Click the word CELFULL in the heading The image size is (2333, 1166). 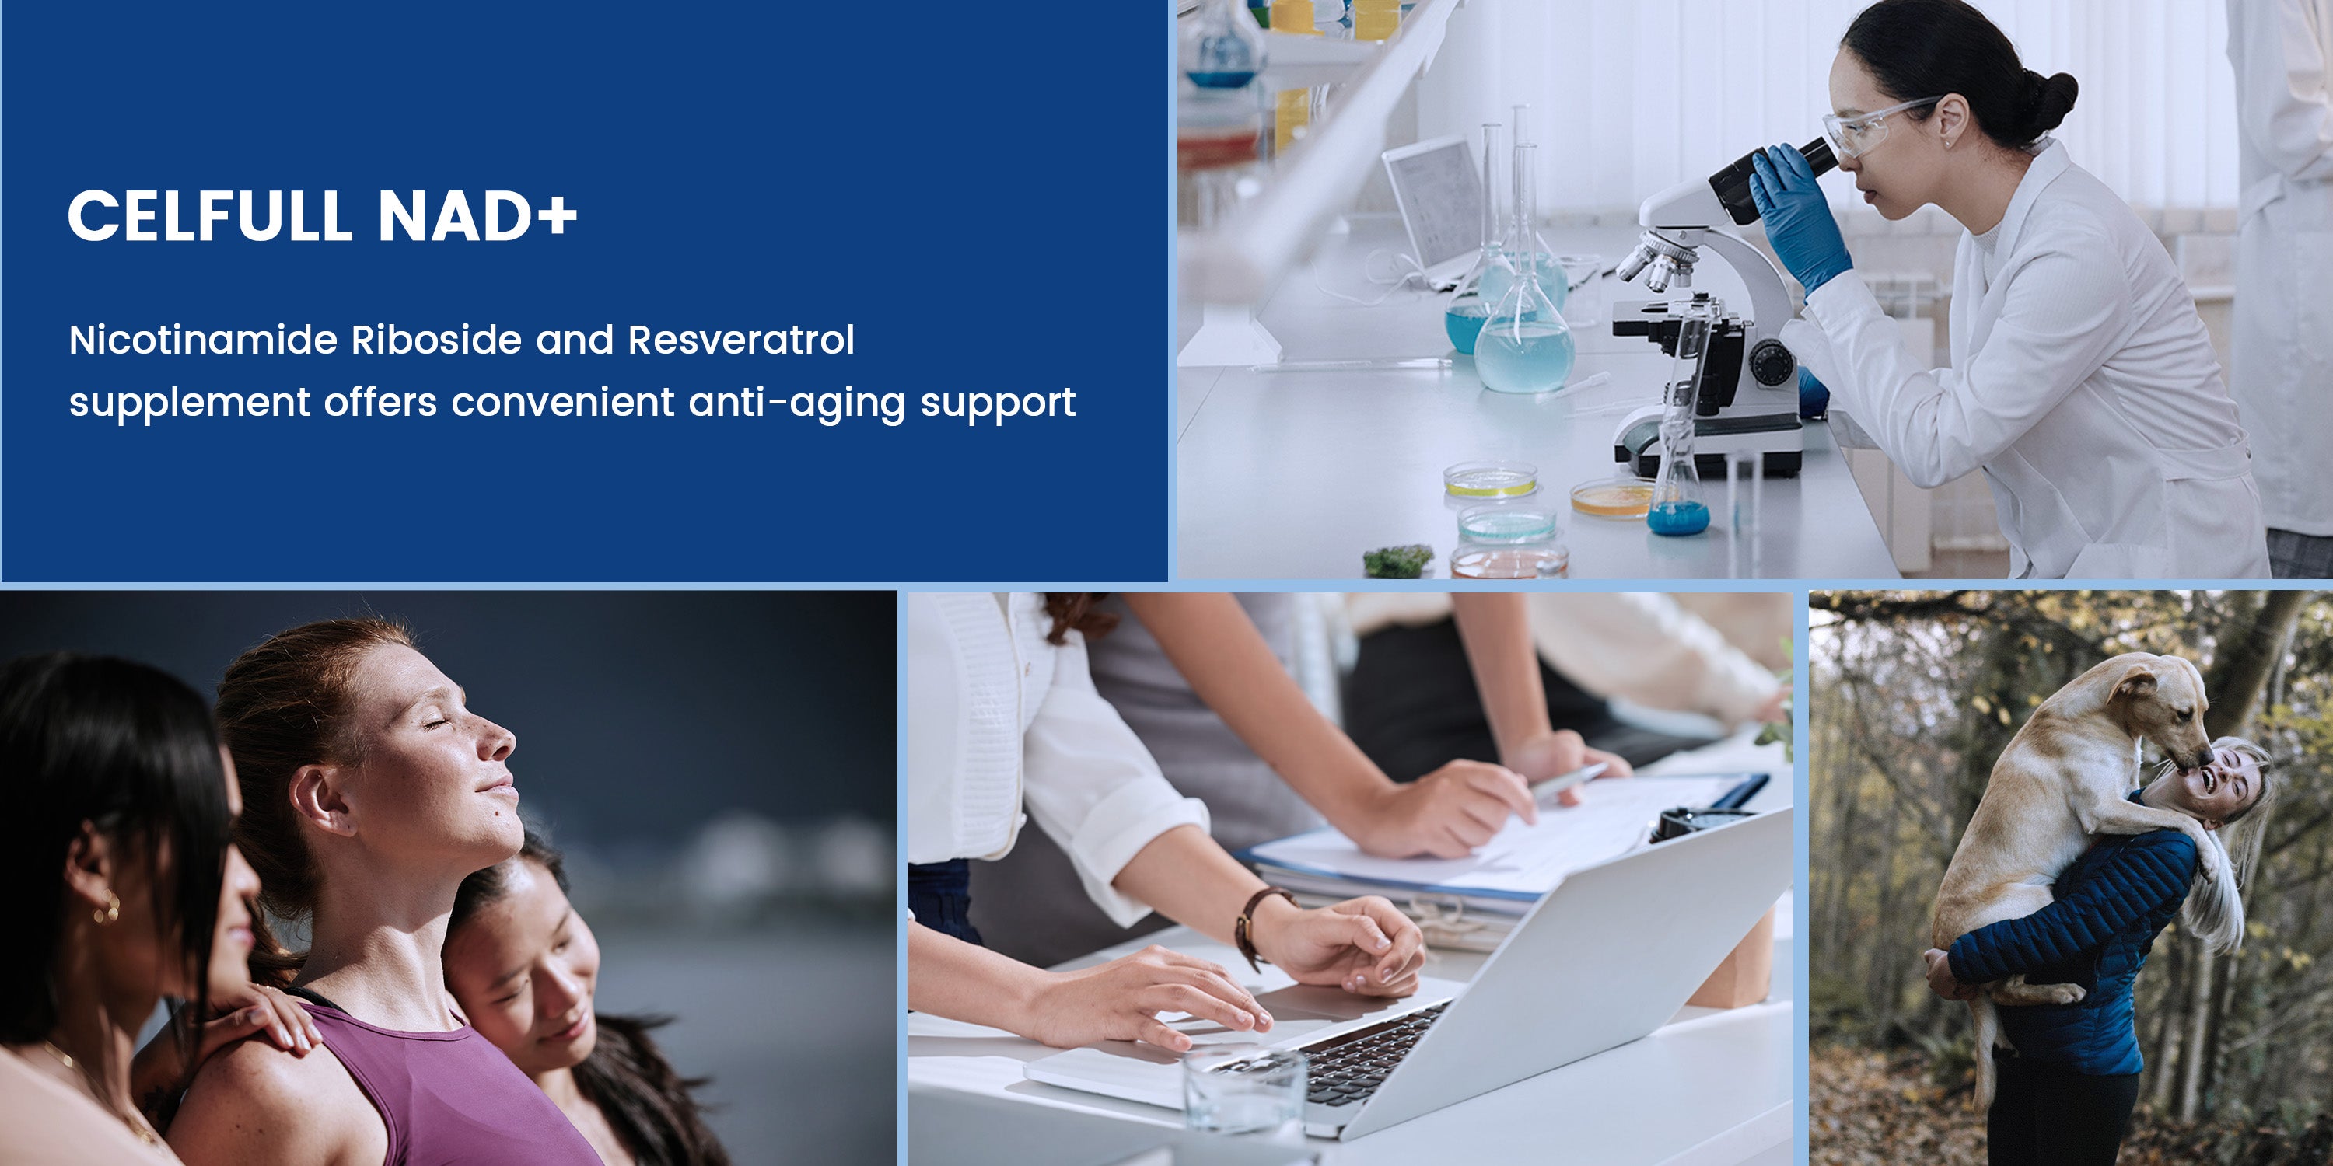[209, 215]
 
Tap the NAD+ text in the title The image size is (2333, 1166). [477, 215]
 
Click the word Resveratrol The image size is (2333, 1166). [741, 340]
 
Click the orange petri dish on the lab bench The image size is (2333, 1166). [1613, 499]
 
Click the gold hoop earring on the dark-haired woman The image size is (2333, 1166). [106, 907]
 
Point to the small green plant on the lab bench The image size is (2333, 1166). [1398, 561]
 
